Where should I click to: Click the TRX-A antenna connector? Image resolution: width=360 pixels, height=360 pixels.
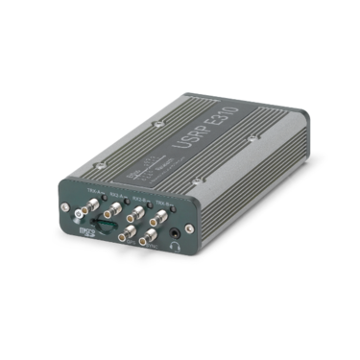[92, 204]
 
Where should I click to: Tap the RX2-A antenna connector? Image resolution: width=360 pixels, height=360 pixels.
[112, 208]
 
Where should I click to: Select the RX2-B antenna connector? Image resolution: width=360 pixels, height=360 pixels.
[135, 214]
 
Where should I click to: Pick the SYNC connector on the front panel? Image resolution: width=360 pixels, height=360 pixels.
[151, 236]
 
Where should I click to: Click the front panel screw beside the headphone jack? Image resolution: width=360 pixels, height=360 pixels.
[190, 228]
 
